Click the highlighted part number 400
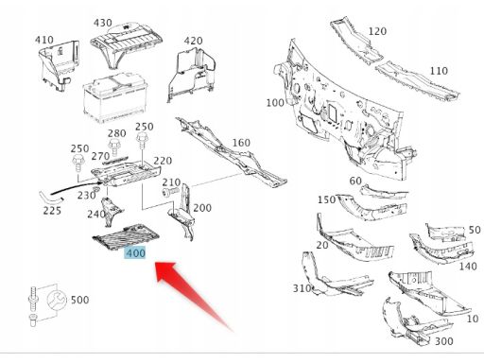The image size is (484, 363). (x=135, y=253)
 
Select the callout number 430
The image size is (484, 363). (x=103, y=23)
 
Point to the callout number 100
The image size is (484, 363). (x=275, y=103)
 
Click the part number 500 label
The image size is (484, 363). (x=79, y=300)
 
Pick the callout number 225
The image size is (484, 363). (x=52, y=211)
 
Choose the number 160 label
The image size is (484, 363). (x=241, y=143)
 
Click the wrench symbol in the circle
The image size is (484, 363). (x=57, y=300)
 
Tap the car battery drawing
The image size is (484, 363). (x=115, y=98)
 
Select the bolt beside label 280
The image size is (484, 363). (x=114, y=147)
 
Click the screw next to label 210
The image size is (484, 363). (x=170, y=191)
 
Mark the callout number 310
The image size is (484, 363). (x=302, y=288)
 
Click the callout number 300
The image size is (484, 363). (x=443, y=341)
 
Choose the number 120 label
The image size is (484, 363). (x=377, y=31)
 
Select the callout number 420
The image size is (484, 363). (x=193, y=41)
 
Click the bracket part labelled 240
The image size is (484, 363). (x=111, y=211)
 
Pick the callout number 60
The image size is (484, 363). (x=355, y=181)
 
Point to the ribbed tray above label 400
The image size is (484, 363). (x=126, y=235)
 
